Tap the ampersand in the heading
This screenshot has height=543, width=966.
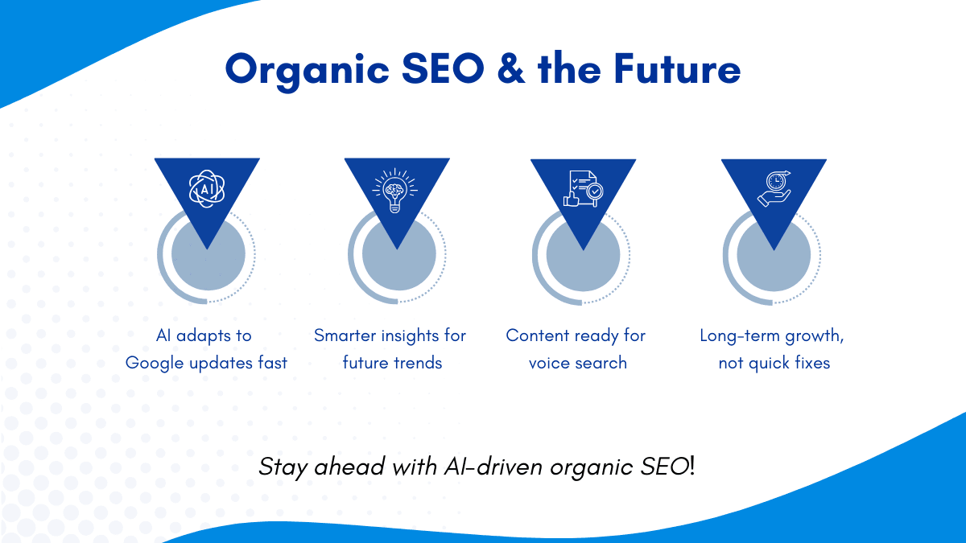[x=511, y=68]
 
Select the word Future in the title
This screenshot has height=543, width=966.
[x=677, y=68]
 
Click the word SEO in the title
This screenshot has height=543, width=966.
[x=443, y=68]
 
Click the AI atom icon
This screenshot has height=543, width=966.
[x=207, y=188]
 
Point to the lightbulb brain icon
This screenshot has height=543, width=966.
[x=395, y=191]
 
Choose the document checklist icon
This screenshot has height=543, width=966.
[x=584, y=189]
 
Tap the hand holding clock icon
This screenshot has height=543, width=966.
[x=774, y=189]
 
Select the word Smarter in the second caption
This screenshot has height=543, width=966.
[x=345, y=335]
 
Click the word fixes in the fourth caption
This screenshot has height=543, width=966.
[x=812, y=363]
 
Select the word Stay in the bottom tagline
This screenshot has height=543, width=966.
[x=283, y=467]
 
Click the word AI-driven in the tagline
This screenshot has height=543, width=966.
[x=493, y=467]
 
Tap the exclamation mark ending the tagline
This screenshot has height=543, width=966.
[x=691, y=467]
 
